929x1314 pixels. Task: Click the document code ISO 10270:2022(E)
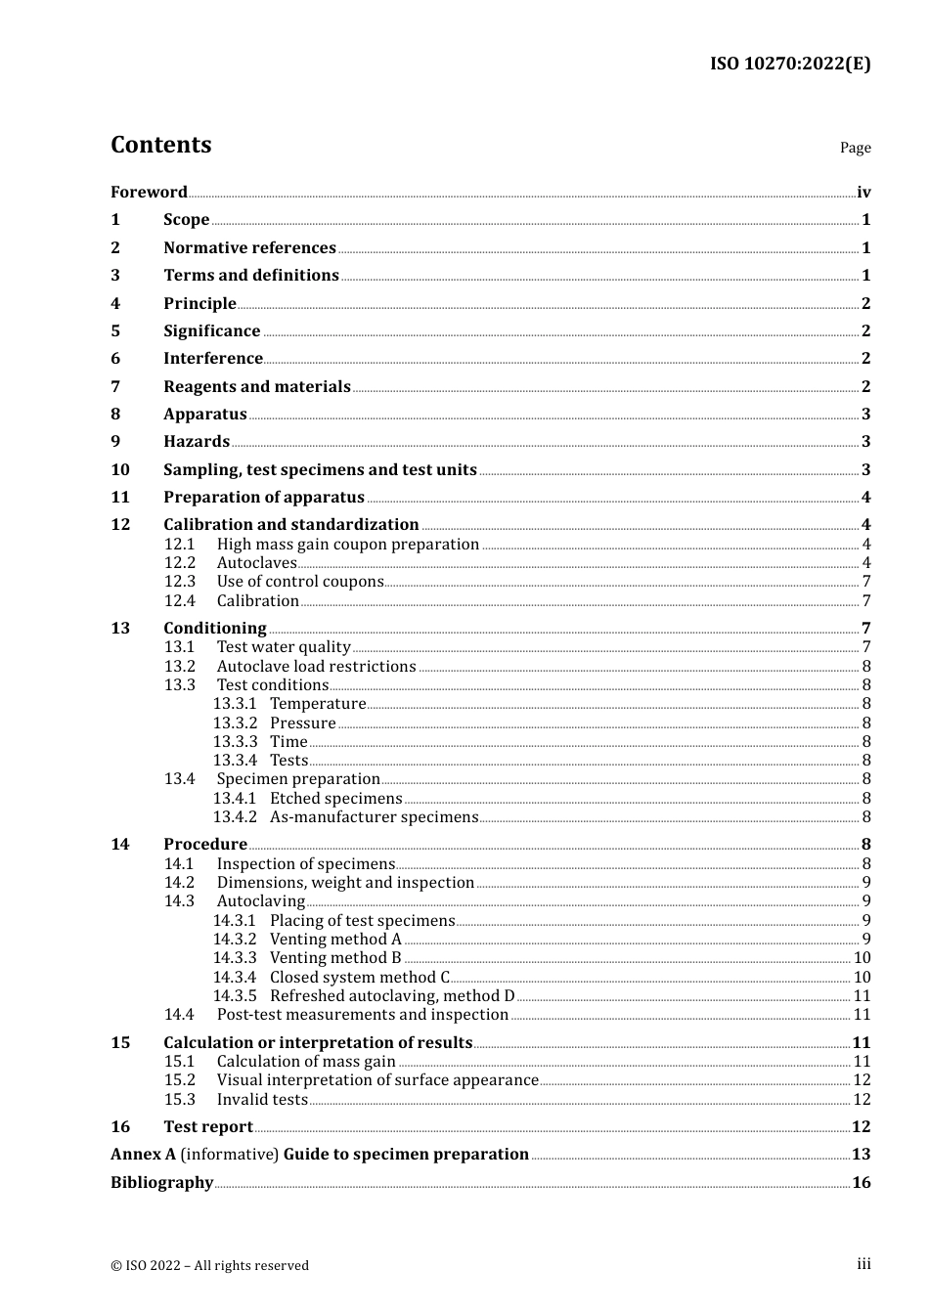pyautogui.click(x=789, y=65)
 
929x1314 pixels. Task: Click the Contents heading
pyautogui.click(x=160, y=145)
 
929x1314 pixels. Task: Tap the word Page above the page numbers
pyautogui.click(x=855, y=148)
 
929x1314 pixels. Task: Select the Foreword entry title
pyautogui.click(x=149, y=192)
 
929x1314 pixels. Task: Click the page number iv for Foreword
pyautogui.click(x=863, y=192)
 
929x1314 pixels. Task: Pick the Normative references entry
pyautogui.click(x=249, y=247)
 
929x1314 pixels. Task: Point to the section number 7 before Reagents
pyautogui.click(x=115, y=386)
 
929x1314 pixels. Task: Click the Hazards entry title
pyautogui.click(x=197, y=441)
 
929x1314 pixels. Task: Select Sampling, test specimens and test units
pyautogui.click(x=320, y=469)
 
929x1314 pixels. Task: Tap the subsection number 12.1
pyautogui.click(x=179, y=544)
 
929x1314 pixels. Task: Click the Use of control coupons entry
pyautogui.click(x=300, y=581)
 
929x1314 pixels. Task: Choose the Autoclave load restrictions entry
pyautogui.click(x=316, y=666)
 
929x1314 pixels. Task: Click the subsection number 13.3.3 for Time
pyautogui.click(x=235, y=741)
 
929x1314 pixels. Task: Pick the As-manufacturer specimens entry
pyautogui.click(x=374, y=816)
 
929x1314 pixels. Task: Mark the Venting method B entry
pyautogui.click(x=335, y=957)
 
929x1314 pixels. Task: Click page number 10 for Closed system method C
pyautogui.click(x=862, y=977)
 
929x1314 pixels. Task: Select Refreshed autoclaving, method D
pyautogui.click(x=392, y=995)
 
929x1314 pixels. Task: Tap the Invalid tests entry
pyautogui.click(x=262, y=1099)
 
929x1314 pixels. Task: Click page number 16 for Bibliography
pyautogui.click(x=861, y=1182)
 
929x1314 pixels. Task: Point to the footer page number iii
pyautogui.click(x=863, y=1264)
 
